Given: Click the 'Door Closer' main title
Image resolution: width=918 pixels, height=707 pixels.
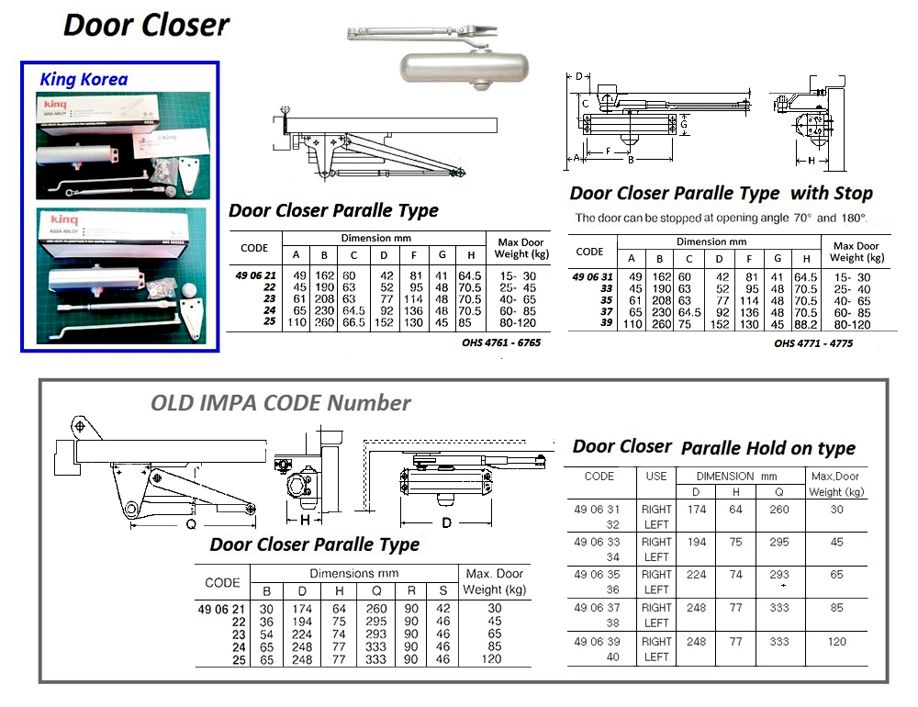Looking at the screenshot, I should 146,26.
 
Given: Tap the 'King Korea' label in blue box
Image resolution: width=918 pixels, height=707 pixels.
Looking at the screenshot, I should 84,80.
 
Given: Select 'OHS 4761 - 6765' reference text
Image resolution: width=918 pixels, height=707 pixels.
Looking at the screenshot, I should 501,342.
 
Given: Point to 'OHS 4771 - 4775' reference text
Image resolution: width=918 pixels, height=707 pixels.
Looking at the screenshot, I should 813,343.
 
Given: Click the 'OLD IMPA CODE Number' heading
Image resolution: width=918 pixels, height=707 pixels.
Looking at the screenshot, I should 281,403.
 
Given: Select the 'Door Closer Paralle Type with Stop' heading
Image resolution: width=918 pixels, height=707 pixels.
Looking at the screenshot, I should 721,194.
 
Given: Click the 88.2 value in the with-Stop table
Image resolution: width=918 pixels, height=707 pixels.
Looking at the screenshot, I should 806,323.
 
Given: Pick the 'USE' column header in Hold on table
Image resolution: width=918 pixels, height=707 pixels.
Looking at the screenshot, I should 656,477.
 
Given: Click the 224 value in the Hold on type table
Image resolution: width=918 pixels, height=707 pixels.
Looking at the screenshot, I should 697,575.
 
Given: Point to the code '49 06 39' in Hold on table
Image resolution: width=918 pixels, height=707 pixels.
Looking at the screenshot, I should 599,641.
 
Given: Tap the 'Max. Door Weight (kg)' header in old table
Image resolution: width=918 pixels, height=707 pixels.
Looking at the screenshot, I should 495,581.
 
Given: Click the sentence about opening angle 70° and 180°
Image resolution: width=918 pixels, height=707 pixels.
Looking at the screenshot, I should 721,219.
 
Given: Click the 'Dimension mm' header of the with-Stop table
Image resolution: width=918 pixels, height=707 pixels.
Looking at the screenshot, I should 712,241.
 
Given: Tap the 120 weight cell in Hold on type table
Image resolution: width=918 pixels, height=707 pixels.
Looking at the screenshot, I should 836,641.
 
